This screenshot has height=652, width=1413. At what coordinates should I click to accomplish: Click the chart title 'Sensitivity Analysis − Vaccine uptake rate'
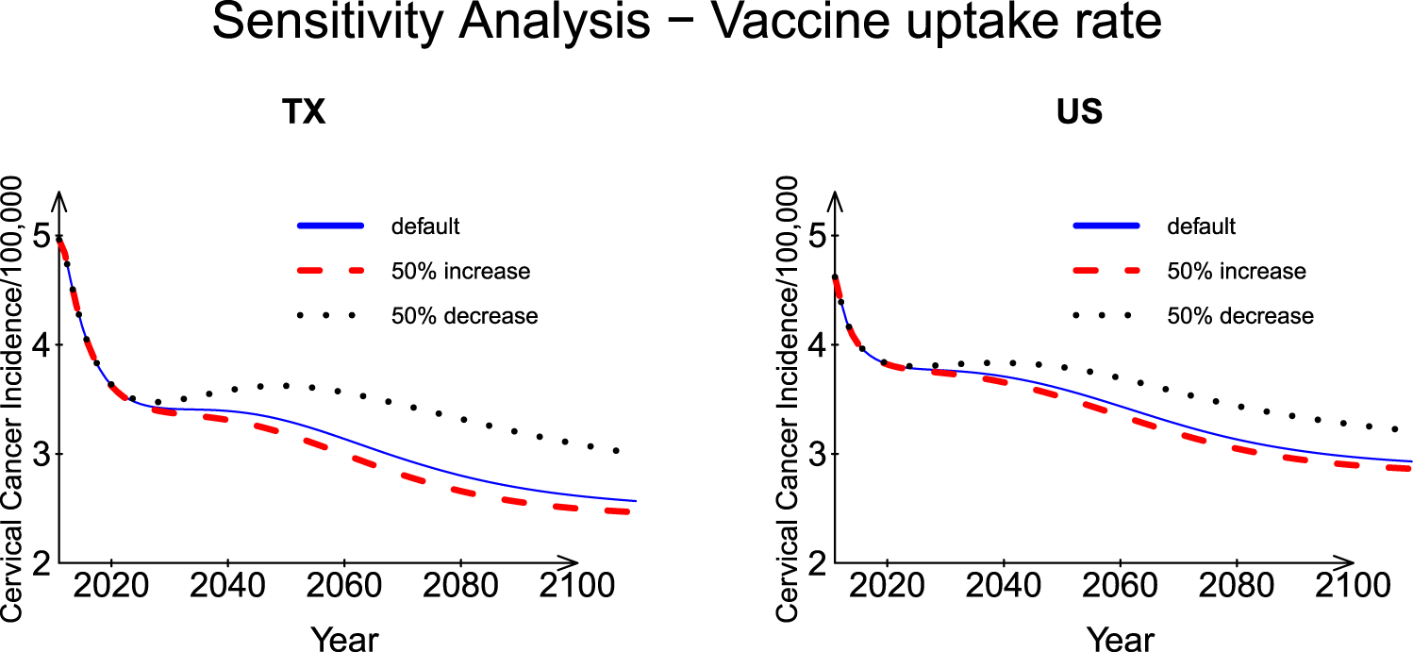click(687, 23)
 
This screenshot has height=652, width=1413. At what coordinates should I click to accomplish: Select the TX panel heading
click(304, 113)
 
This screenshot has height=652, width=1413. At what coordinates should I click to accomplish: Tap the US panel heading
click(1080, 113)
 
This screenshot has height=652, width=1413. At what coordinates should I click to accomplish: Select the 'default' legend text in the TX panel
click(425, 226)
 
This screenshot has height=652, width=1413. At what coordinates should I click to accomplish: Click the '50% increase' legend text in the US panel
click(1237, 272)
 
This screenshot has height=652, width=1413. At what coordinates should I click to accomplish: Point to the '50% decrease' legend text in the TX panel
click(464, 316)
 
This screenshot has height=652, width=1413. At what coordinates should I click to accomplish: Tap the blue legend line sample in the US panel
click(1105, 226)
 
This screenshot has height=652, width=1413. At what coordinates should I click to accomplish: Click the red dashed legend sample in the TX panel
click(329, 272)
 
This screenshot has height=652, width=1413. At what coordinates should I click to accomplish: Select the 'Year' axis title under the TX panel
click(344, 639)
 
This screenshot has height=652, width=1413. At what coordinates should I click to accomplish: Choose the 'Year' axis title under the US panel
click(1121, 639)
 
